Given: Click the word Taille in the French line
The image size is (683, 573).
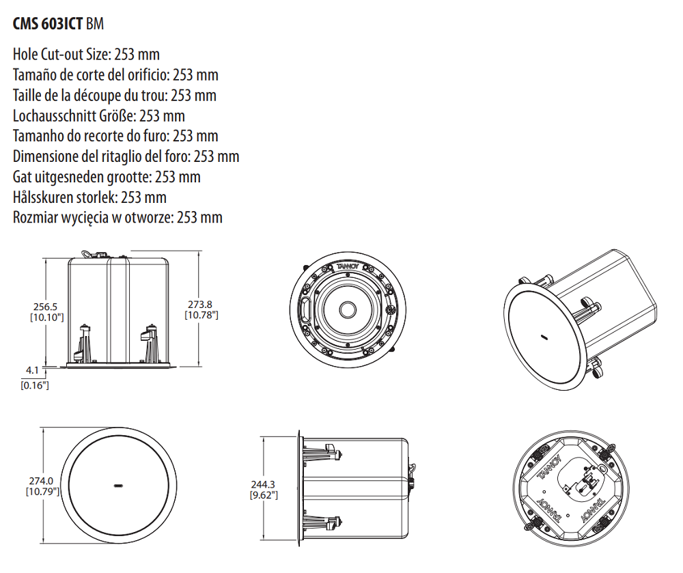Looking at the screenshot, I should pyautogui.click(x=28, y=95).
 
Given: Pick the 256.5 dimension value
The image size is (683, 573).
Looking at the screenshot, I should pyautogui.click(x=46, y=307).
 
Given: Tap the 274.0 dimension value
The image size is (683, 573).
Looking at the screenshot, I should pyautogui.click(x=40, y=481).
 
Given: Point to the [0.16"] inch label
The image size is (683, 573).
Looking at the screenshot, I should pyautogui.click(x=34, y=386).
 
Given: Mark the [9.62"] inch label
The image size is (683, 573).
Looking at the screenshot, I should pyautogui.click(x=264, y=494).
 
